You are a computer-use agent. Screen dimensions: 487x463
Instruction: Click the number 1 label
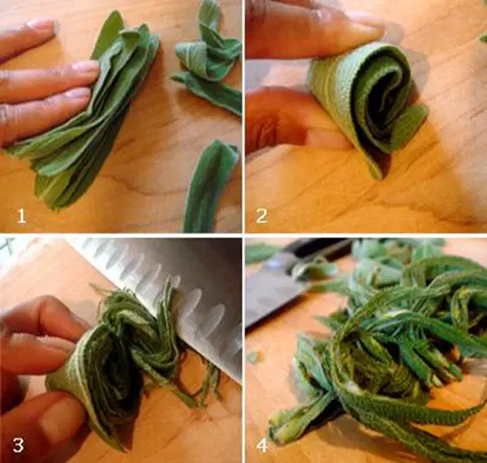[x=21, y=216]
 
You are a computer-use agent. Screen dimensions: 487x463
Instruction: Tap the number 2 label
[x=262, y=216]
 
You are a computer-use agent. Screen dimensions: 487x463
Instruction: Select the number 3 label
[x=18, y=445]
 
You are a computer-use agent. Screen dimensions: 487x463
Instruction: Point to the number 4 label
[x=262, y=446]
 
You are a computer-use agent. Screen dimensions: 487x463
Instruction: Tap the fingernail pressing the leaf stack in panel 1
[x=86, y=66]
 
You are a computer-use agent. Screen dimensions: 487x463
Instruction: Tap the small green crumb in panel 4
[x=253, y=357]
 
